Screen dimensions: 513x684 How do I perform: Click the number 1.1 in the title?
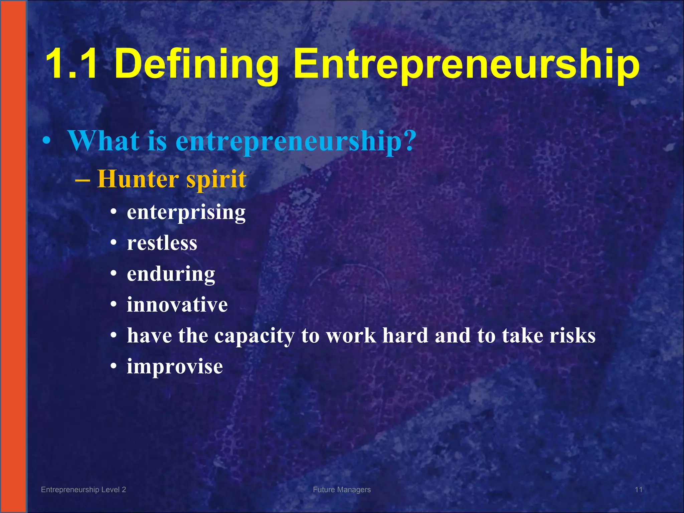click(x=72, y=63)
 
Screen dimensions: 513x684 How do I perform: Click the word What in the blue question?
click(x=104, y=141)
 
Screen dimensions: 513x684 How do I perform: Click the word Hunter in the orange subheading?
click(x=138, y=179)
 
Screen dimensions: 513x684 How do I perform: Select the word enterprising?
click(x=186, y=212)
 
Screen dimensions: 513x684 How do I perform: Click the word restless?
click(x=162, y=243)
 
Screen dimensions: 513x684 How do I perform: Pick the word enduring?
click(x=171, y=274)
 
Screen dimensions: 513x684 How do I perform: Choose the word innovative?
click(x=177, y=305)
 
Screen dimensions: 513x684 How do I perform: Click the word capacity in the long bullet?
click(x=254, y=336)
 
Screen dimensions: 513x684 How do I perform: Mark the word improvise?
click(x=175, y=367)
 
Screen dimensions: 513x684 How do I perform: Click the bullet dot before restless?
click(x=114, y=243)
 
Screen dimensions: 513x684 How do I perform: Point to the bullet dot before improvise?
click(x=114, y=366)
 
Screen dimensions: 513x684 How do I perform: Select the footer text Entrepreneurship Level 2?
click(x=83, y=490)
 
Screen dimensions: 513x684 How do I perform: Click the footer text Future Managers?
click(x=342, y=490)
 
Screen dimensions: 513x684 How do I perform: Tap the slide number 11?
click(x=639, y=490)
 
